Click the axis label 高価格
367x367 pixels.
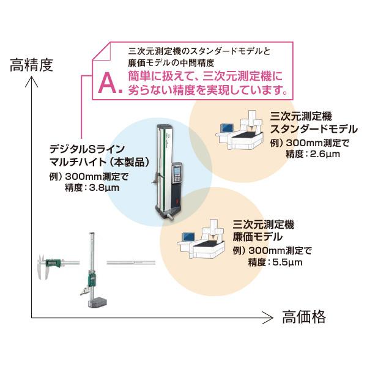[x=304, y=317]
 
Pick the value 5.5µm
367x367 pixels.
[x=288, y=261]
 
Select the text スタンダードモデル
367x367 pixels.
[x=314, y=129]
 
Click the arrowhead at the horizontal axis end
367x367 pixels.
[x=267, y=317]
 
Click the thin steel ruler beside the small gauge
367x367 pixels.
[x=131, y=261]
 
